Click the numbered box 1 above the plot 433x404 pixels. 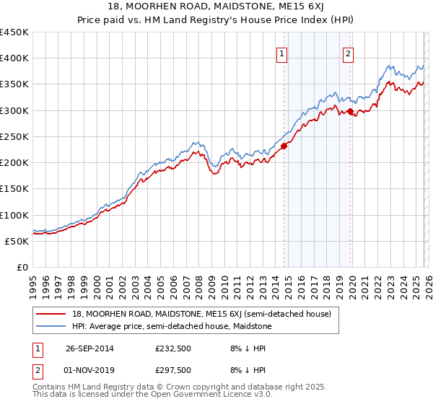281,53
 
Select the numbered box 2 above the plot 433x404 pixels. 348,53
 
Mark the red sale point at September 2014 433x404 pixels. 284,146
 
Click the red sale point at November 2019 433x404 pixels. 350,112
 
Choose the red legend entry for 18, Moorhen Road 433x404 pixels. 201,314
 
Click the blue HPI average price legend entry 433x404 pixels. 172,326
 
